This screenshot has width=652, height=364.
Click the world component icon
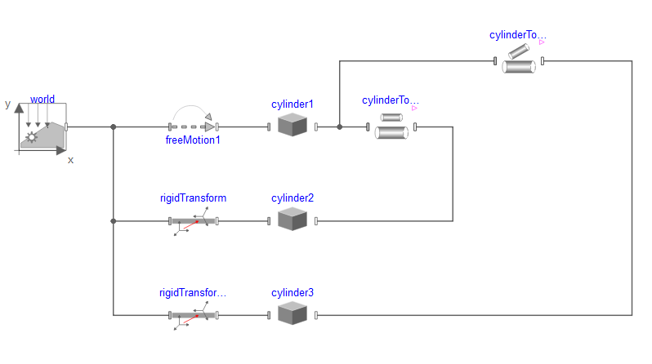coord(42,128)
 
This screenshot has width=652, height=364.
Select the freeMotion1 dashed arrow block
coord(194,127)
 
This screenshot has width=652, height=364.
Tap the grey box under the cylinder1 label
coord(292,125)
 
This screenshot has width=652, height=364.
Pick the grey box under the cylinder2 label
coord(292,219)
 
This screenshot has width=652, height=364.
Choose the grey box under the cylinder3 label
coord(292,313)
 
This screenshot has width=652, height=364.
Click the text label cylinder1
coord(293,104)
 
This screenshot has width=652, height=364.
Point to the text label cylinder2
coord(293,198)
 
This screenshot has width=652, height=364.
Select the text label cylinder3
coord(293,292)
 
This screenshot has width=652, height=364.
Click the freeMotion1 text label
coord(193,140)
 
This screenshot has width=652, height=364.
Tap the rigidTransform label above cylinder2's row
coord(193,198)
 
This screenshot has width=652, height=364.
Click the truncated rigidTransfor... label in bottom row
coord(193,292)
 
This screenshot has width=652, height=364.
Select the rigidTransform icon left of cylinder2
coord(194,221)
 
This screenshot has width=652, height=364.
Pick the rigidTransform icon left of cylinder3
coord(194,315)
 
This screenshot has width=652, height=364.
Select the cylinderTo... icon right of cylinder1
coord(391,127)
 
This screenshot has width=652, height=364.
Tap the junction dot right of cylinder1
coord(339,127)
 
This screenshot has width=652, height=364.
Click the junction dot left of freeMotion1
coord(114,127)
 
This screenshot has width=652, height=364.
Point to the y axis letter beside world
coord(7,104)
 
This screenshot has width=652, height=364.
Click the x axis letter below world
coord(70,160)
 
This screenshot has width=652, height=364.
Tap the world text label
coord(42,100)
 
